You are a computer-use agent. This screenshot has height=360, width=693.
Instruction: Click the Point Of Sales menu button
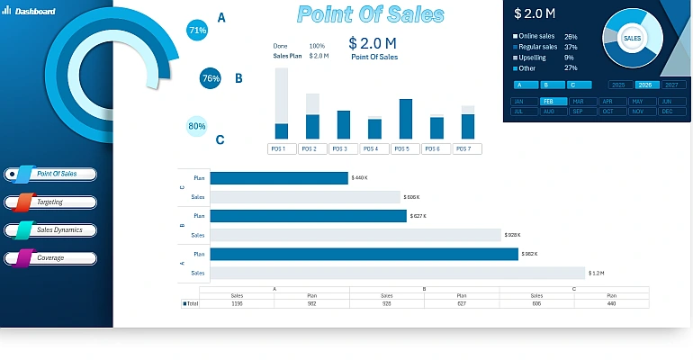[56, 174]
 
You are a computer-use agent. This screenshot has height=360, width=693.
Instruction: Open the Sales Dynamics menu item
[56, 230]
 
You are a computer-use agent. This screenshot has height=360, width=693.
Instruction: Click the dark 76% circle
[211, 78]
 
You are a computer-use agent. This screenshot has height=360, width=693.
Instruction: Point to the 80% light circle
[197, 126]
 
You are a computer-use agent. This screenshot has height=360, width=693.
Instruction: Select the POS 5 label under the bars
[400, 148]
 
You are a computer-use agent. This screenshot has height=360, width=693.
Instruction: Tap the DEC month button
[666, 112]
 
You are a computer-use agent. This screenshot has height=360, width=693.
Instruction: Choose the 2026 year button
[645, 85]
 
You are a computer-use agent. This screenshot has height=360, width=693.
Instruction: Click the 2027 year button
[671, 85]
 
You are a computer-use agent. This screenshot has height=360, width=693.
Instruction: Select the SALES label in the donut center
[632, 40]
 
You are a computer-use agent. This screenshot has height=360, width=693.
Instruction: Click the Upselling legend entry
[537, 57]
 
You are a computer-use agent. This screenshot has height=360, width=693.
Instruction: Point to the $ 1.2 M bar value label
[597, 273]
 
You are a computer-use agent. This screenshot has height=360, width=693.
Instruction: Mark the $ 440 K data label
[360, 178]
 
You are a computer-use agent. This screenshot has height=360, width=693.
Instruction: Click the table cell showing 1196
[237, 304]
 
